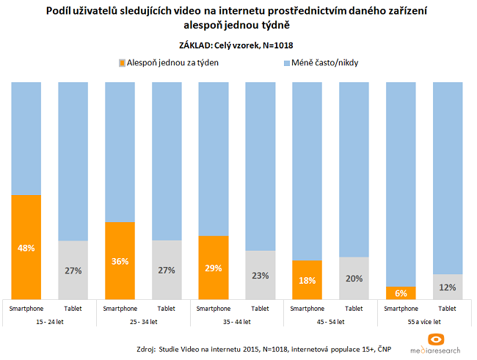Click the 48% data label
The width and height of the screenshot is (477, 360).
(26, 248)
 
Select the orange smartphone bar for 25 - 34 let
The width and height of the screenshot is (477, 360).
(120, 260)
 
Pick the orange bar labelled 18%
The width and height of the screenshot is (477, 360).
(307, 279)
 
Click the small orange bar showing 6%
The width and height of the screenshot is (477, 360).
(401, 293)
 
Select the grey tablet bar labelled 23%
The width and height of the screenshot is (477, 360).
(261, 275)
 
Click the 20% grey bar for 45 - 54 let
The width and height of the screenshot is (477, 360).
(354, 278)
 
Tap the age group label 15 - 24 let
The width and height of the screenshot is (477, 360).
(50, 321)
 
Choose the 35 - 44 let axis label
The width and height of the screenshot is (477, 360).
(237, 321)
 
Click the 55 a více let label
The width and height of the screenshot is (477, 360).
(423, 321)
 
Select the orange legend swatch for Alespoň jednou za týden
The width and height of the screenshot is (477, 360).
(121, 64)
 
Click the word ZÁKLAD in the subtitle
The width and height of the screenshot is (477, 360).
(196, 45)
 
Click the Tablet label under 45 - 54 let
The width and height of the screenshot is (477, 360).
(354, 309)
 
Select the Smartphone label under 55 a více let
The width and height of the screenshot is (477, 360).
(401, 309)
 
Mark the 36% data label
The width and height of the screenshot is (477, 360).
(120, 261)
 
